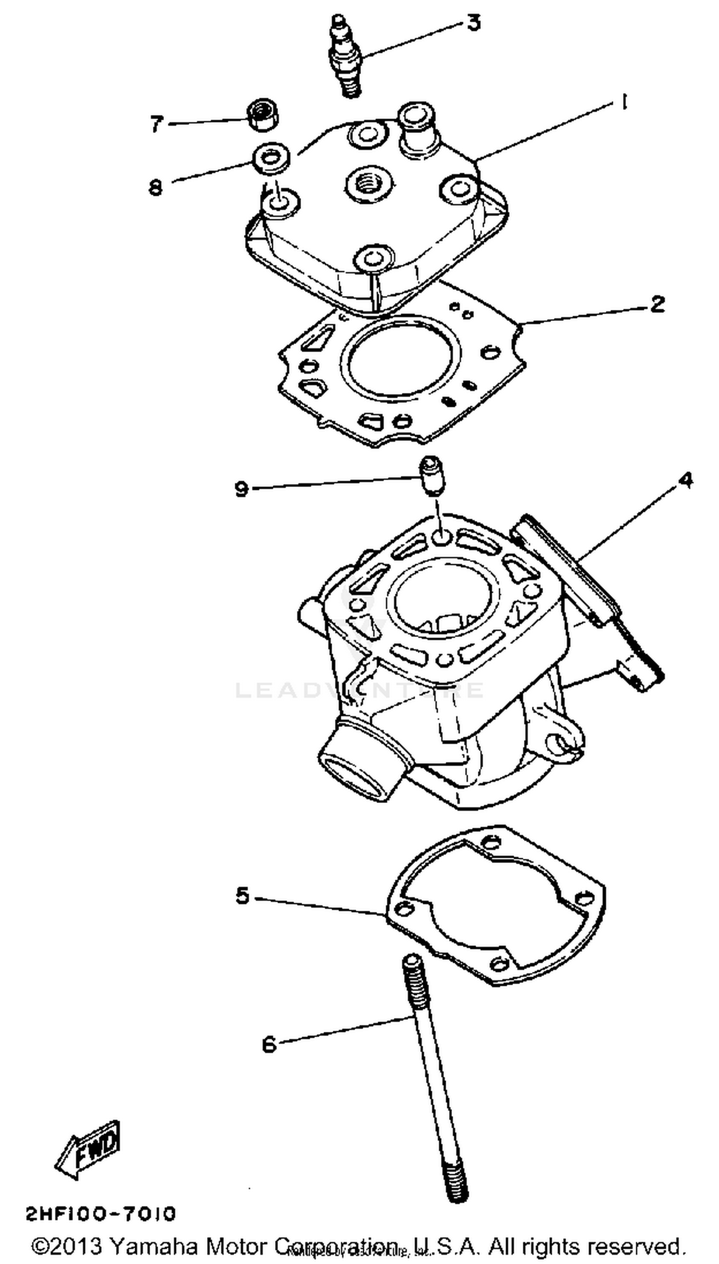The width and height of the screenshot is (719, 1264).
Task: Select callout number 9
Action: point(242,489)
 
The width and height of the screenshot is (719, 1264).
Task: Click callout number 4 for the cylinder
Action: point(685,480)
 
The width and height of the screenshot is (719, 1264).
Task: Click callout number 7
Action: point(157,124)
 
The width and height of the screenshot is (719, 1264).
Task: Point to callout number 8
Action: point(156,187)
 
